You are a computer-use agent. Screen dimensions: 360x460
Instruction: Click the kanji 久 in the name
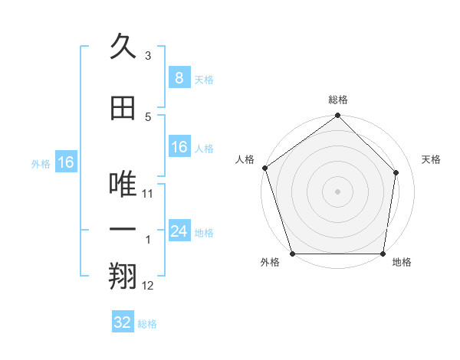(x=123, y=47)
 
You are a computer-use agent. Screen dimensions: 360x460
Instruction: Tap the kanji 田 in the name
(x=123, y=109)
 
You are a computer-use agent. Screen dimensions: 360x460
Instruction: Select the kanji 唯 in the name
(x=123, y=182)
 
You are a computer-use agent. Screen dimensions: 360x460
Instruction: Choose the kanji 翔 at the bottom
(x=123, y=277)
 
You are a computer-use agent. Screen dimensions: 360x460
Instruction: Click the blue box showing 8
(x=179, y=78)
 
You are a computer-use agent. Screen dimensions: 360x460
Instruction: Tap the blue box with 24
(x=179, y=231)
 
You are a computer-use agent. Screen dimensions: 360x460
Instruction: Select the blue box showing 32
(x=123, y=322)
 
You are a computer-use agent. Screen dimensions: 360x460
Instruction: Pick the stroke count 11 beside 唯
(x=148, y=194)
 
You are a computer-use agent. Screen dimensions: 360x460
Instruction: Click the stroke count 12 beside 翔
(x=148, y=286)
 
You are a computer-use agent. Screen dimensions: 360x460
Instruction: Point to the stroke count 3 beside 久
(x=148, y=56)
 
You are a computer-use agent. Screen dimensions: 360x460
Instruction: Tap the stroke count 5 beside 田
(x=148, y=116)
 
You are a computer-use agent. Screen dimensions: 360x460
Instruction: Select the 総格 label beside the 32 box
(x=147, y=324)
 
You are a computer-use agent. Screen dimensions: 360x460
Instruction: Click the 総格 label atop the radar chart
(x=338, y=100)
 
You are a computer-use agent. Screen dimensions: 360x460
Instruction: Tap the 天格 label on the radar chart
(x=432, y=159)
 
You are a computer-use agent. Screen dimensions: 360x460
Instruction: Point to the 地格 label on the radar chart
(x=402, y=263)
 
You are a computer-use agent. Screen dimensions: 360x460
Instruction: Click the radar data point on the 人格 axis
(x=264, y=168)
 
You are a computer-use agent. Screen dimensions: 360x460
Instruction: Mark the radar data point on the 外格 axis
(x=292, y=254)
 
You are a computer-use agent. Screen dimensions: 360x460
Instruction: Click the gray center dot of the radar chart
(x=337, y=191)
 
